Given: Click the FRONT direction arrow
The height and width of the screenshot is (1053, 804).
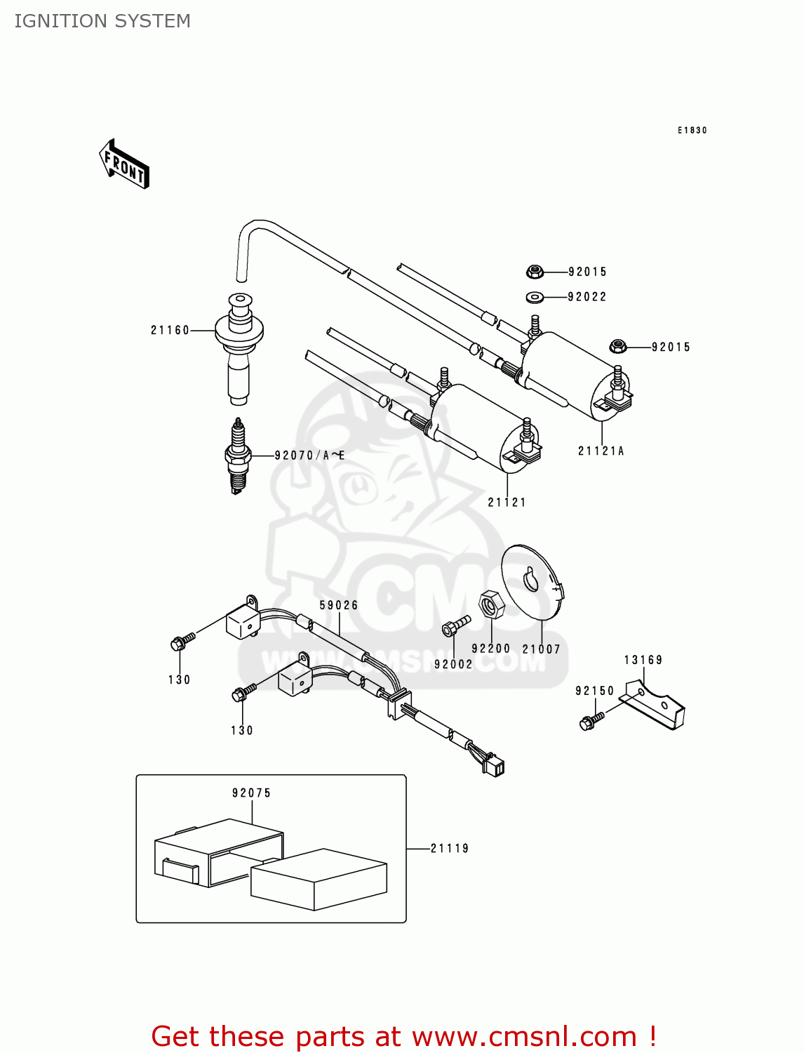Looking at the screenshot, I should (124, 164).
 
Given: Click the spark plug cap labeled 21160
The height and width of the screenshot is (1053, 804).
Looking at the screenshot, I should (239, 347).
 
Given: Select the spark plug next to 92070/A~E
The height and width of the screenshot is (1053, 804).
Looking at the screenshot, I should (239, 456).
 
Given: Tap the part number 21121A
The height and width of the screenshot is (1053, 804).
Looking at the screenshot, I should (601, 451).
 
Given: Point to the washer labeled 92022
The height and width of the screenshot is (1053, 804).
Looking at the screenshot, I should (535, 297).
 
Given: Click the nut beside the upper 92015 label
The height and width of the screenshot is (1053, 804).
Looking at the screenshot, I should (535, 272).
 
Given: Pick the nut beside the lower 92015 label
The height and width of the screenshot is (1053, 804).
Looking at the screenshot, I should (617, 346).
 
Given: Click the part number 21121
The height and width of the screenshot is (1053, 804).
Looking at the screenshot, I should (507, 503).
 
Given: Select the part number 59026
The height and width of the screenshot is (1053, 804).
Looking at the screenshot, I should (339, 605).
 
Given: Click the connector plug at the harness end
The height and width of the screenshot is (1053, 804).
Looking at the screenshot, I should (494, 765).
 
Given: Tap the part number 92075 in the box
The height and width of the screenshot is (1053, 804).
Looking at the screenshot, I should (251, 793).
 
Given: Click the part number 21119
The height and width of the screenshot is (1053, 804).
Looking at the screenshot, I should (450, 849).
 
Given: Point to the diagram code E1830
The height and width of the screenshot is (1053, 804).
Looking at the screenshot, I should (692, 131).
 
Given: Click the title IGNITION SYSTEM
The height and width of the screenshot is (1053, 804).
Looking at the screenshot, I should (102, 21).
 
